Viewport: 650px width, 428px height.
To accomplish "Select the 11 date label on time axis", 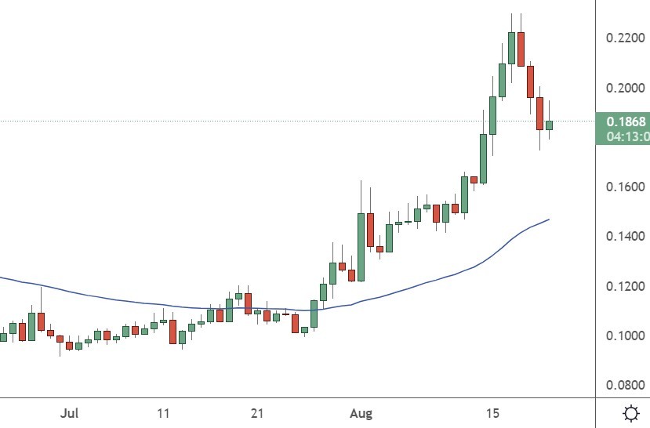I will [x=164, y=412].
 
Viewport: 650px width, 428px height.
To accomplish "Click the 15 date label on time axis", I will [x=492, y=412].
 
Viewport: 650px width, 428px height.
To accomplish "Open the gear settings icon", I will [x=629, y=412].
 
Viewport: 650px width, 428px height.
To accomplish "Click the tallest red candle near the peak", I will [x=521, y=49].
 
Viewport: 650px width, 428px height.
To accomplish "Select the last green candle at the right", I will [x=549, y=125].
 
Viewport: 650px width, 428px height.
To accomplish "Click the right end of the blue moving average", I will [x=548, y=219].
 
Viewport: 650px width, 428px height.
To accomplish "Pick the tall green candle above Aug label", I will [x=361, y=246].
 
